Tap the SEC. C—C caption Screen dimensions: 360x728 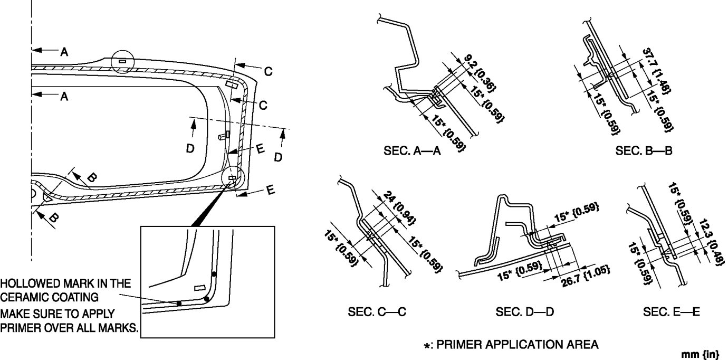(x=377, y=312)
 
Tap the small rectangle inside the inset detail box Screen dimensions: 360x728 (x=199, y=288)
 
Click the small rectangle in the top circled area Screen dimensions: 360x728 (x=122, y=61)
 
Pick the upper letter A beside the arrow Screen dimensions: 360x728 (x=64, y=51)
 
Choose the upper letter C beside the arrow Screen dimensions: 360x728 (x=268, y=72)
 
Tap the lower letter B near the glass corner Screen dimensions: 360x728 (x=54, y=216)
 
